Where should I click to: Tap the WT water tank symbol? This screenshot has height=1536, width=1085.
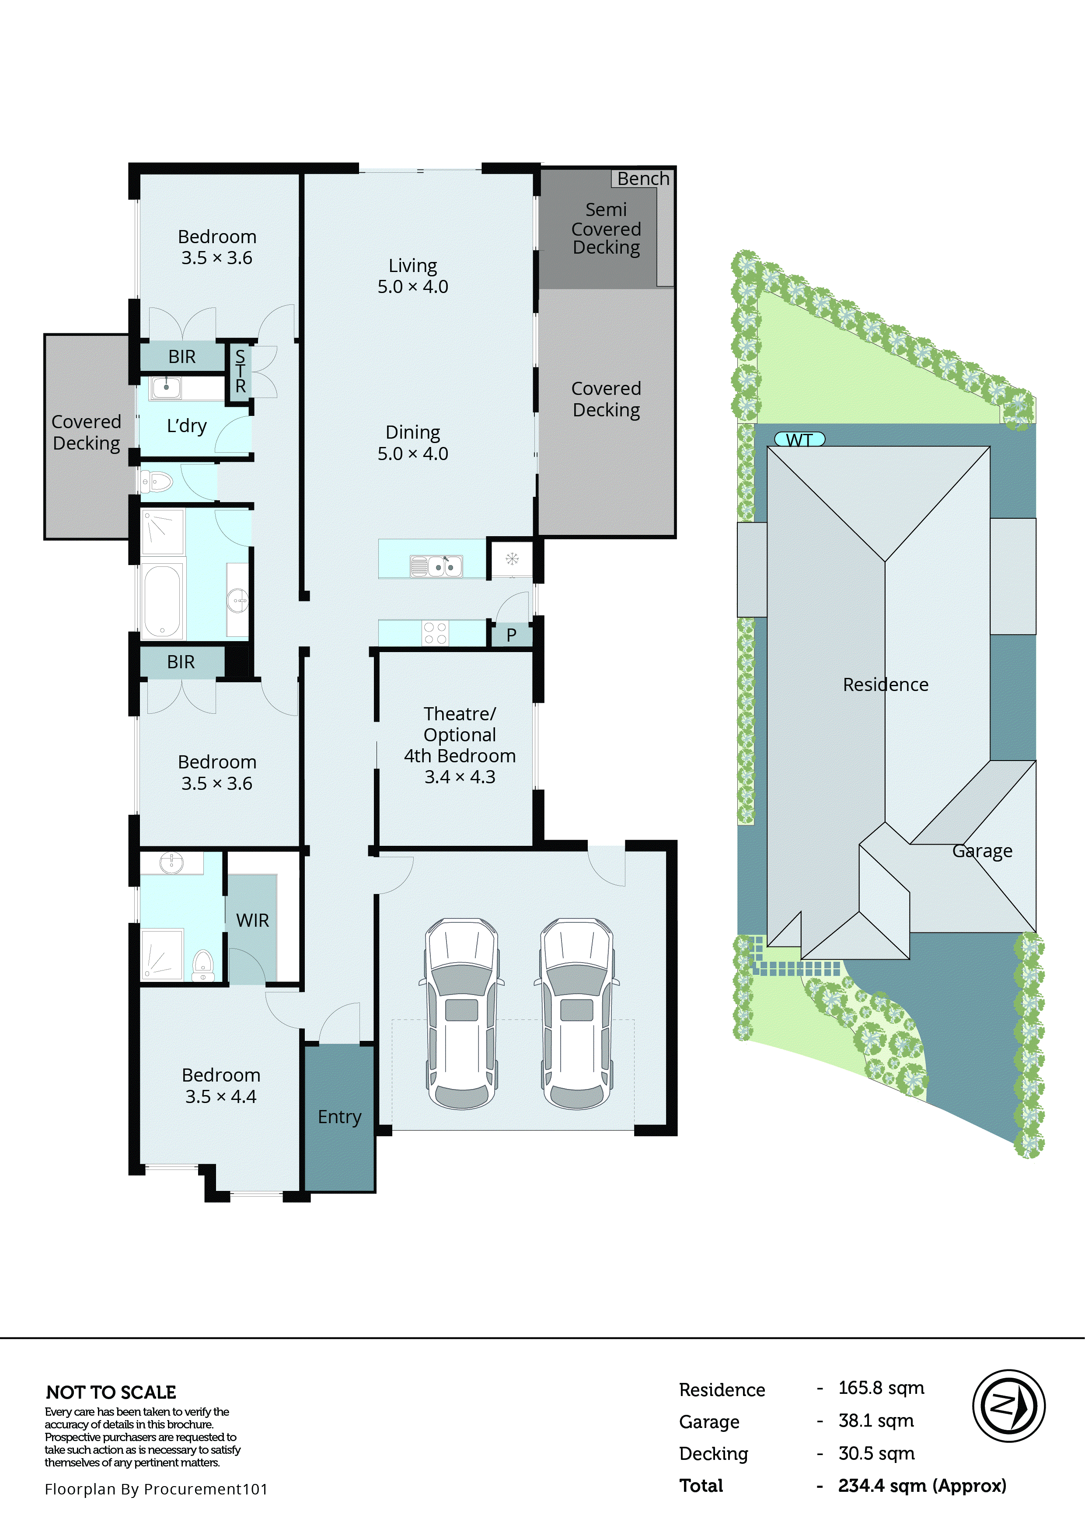(799, 440)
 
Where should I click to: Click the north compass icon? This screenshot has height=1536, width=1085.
(1008, 1406)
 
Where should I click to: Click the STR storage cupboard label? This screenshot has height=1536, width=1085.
(240, 371)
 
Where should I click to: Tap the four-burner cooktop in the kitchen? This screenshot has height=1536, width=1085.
(435, 633)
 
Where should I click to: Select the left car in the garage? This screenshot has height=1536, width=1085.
(461, 1013)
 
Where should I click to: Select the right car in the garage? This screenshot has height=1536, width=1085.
(577, 1013)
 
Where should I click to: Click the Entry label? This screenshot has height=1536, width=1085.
(339, 1117)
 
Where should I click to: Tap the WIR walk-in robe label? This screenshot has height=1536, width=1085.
(252, 921)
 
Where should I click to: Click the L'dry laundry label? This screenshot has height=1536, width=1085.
(187, 426)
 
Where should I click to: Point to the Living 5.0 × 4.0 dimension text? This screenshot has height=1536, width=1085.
(413, 286)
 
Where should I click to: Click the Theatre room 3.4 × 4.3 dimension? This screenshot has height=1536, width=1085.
(460, 777)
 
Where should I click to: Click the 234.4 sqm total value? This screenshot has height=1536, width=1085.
(921, 1485)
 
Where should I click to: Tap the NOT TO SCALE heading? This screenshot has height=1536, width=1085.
(111, 1392)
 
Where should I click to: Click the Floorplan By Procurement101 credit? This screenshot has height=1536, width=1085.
(156, 1488)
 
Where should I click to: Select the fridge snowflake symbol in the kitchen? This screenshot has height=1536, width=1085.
(512, 559)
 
